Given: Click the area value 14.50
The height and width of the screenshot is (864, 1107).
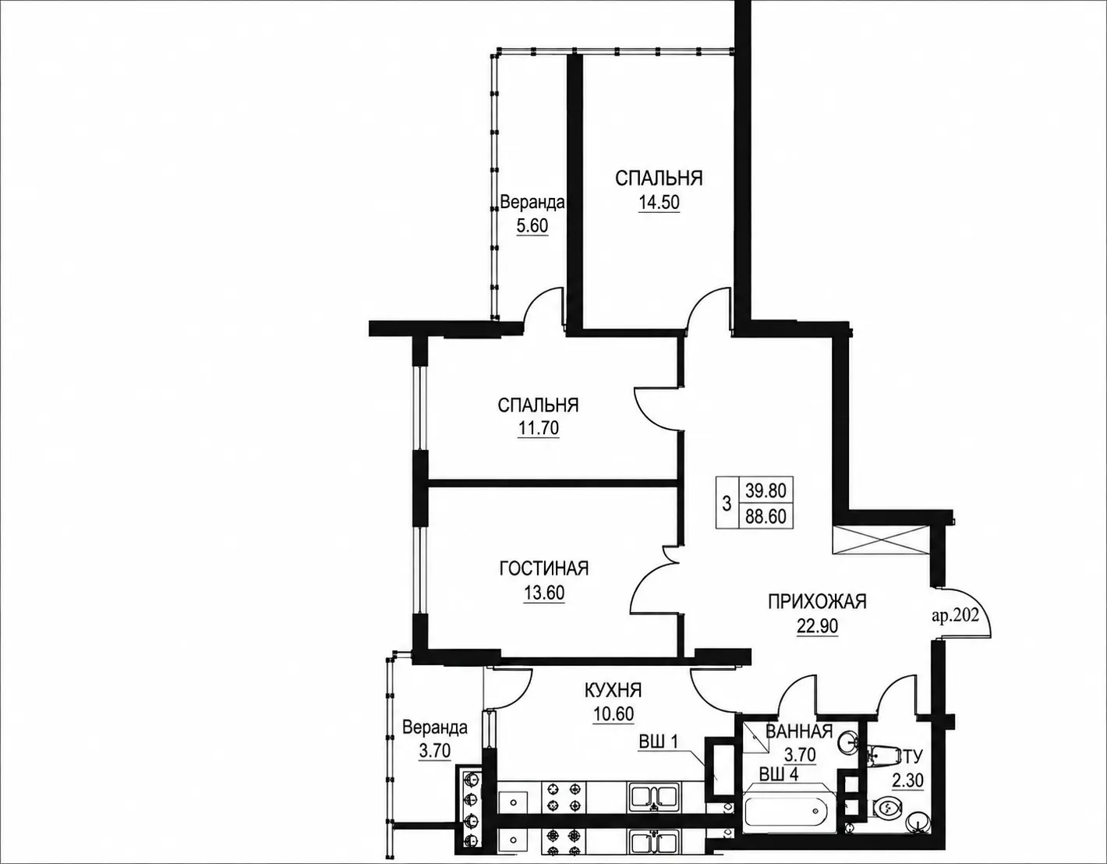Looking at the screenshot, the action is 660,203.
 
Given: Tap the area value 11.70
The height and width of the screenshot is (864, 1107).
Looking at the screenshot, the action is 539,428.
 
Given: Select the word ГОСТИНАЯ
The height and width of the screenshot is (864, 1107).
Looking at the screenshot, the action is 544,568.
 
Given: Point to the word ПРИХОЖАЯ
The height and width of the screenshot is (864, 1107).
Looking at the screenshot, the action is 817,602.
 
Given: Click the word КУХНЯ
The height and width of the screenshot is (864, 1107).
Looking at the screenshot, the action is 613,691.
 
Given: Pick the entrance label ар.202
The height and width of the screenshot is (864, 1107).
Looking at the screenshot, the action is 955,616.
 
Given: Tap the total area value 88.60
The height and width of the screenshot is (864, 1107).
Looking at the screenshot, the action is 766,516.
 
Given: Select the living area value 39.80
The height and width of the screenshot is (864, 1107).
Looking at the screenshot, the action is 766,490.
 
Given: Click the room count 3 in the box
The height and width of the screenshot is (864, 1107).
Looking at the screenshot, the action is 727,504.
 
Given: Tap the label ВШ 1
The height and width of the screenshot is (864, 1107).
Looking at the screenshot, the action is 658,742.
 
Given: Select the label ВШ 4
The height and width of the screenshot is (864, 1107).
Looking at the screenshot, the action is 779,774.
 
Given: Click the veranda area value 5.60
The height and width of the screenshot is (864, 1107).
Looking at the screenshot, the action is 532,225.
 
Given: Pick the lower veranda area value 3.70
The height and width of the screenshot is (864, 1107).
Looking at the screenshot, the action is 434,751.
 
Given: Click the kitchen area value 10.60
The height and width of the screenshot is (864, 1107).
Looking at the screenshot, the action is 614,714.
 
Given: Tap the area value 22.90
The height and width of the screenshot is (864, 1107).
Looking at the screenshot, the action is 817,625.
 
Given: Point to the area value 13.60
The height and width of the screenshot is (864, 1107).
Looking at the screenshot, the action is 544,593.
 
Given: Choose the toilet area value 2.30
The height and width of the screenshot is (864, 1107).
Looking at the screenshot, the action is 907,781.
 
